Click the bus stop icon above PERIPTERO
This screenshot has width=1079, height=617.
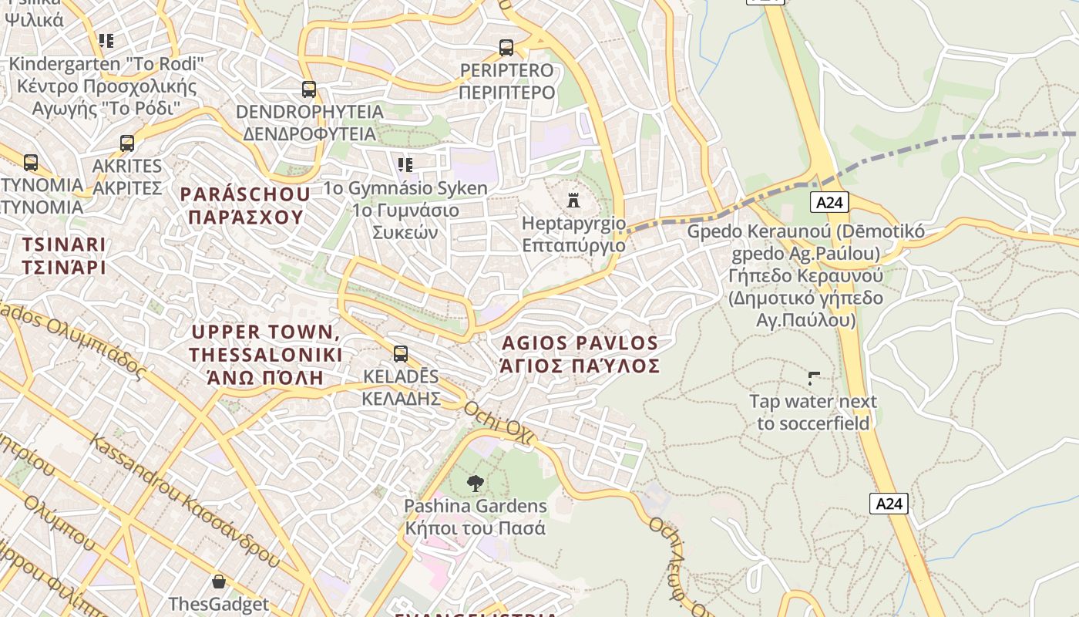(x=506, y=48)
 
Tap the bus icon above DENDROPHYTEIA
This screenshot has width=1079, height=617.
(x=309, y=89)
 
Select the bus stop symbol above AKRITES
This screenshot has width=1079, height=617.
(x=127, y=143)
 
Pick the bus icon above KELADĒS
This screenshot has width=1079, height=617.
(x=401, y=354)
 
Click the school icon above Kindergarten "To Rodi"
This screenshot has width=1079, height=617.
(x=106, y=41)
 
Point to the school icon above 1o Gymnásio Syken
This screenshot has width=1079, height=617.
(x=405, y=164)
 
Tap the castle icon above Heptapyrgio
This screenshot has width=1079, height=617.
(x=573, y=201)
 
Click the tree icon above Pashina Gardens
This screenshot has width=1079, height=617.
(x=476, y=484)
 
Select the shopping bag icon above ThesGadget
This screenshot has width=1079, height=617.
(x=219, y=582)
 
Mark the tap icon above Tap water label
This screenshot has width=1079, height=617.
(x=813, y=379)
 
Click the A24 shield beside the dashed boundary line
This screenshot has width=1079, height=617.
(x=829, y=202)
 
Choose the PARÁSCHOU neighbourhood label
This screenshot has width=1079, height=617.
(x=245, y=205)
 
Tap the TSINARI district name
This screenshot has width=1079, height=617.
(x=64, y=256)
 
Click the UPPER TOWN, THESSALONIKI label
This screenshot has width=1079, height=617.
(x=266, y=355)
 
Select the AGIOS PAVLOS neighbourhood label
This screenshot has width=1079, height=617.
(x=580, y=354)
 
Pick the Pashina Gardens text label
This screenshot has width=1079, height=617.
(x=476, y=517)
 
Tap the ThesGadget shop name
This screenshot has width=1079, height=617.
(x=219, y=604)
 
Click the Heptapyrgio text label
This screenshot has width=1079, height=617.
(x=574, y=234)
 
